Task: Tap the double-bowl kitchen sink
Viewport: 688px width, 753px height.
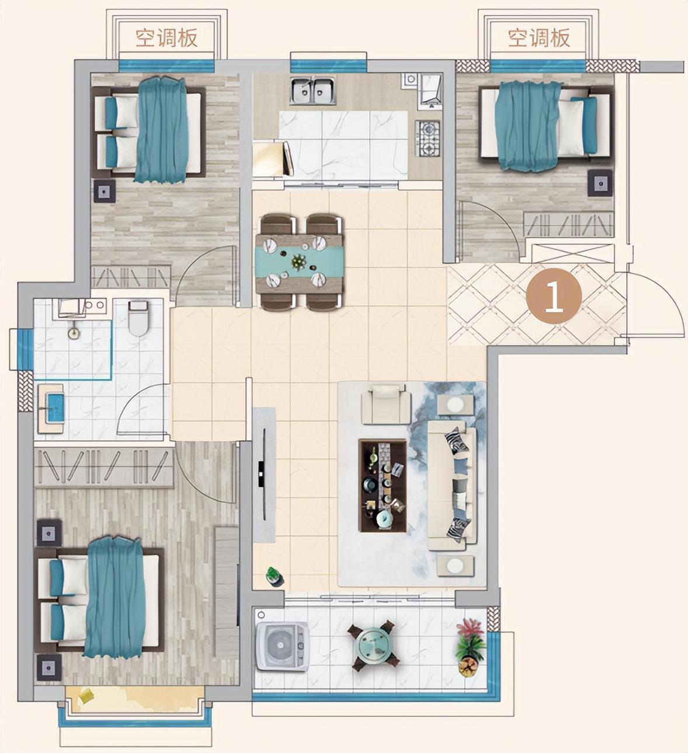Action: pos(312,90)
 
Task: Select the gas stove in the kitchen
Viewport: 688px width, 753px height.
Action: pos(428,138)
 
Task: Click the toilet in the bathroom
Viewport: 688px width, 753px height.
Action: pos(138,318)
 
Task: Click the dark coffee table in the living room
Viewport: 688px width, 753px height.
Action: pos(383,485)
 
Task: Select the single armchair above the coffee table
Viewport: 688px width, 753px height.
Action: pos(386,404)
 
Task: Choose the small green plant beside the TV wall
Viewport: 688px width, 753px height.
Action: pos(274,577)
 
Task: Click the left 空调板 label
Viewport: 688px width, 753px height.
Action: pos(166,38)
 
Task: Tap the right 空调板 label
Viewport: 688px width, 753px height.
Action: pos(539,38)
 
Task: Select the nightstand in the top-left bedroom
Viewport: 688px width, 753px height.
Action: pos(104,191)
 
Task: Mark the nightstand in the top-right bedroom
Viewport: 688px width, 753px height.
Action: pos(600,183)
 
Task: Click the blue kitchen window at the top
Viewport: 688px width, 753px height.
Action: pos(328,67)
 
